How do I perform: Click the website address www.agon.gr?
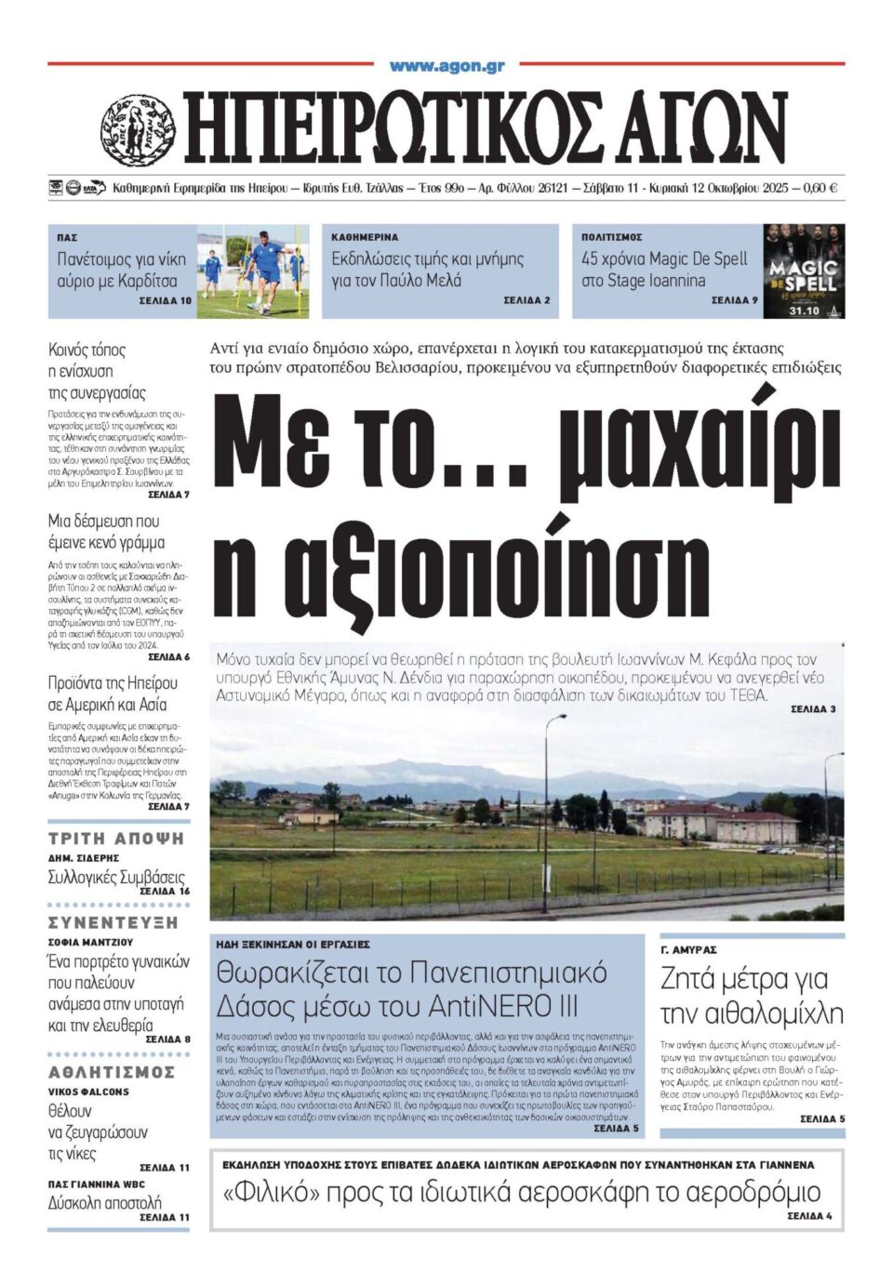446,66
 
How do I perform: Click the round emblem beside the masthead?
138,130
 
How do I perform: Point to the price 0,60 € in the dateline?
820,188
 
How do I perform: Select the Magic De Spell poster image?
803,271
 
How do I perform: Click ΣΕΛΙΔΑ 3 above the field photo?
813,708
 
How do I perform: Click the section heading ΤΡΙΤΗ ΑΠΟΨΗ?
116,838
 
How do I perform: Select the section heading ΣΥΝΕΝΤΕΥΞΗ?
113,923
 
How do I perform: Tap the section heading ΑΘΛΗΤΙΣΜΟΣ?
112,1072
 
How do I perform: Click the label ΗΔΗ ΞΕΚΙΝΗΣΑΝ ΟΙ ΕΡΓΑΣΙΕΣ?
293,944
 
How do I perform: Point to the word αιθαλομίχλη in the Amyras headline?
752,1013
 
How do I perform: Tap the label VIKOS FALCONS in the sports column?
88,1091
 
